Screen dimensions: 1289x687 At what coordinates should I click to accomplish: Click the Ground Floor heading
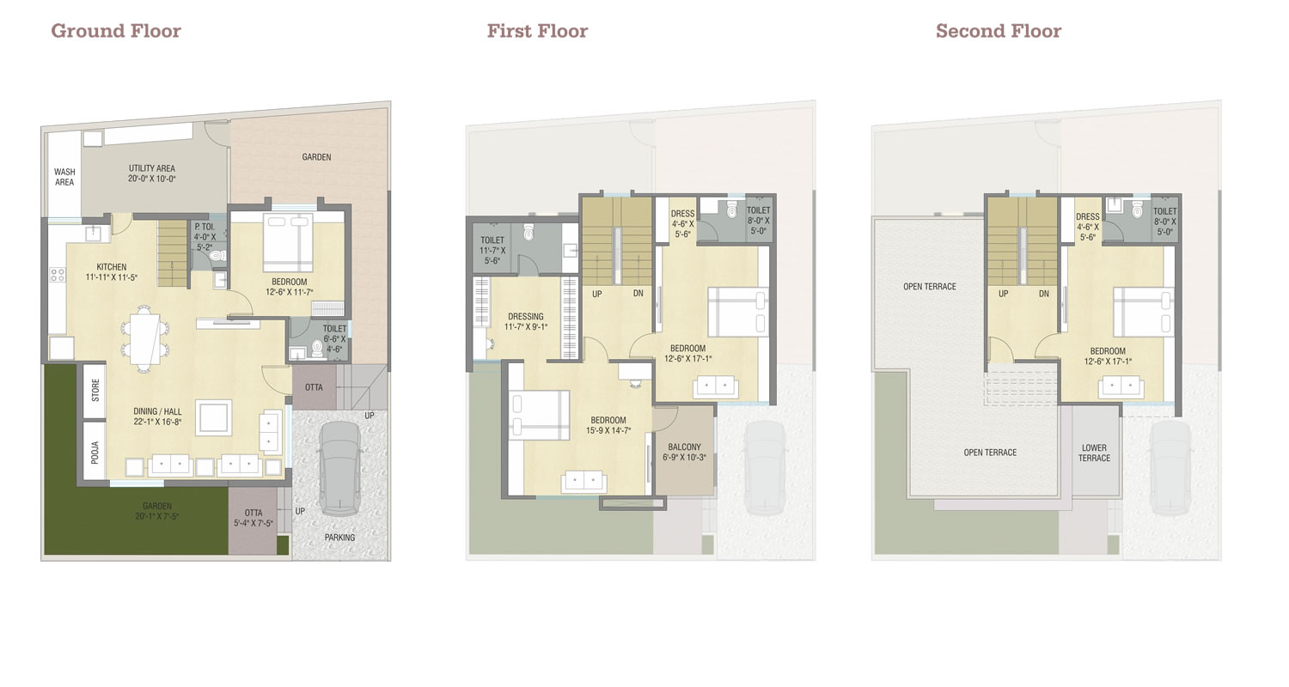pyautogui.click(x=116, y=30)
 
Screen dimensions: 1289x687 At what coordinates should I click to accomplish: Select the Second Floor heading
pyautogui.click(x=999, y=30)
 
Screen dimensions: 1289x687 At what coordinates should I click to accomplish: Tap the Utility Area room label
pyautogui.click(x=152, y=173)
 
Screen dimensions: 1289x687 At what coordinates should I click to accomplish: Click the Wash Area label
pyautogui.click(x=64, y=177)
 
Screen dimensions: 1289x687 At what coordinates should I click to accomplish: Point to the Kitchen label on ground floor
pyautogui.click(x=112, y=272)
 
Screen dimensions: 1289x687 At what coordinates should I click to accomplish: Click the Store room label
pyautogui.click(x=95, y=390)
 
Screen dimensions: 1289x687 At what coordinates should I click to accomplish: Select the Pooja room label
pyautogui.click(x=95, y=452)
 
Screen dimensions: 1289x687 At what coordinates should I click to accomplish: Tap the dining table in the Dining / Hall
pyautogui.click(x=144, y=338)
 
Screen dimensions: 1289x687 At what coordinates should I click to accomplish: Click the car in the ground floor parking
pyautogui.click(x=339, y=469)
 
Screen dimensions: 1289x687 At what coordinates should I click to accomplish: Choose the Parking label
pyautogui.click(x=339, y=538)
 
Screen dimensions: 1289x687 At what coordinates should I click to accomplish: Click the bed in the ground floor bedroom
pyautogui.click(x=288, y=242)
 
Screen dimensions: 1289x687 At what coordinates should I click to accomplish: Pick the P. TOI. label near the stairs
pyautogui.click(x=205, y=227)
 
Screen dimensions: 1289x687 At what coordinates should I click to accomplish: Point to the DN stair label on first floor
pyautogui.click(x=638, y=293)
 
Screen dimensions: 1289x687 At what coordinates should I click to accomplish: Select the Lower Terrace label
pyautogui.click(x=1094, y=453)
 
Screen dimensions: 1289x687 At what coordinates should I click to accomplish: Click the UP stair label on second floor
pyautogui.click(x=1003, y=294)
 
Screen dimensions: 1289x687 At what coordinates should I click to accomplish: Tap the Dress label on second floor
pyautogui.click(x=1088, y=216)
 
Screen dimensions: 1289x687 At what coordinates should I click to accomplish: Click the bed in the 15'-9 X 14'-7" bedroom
pyautogui.click(x=539, y=415)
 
